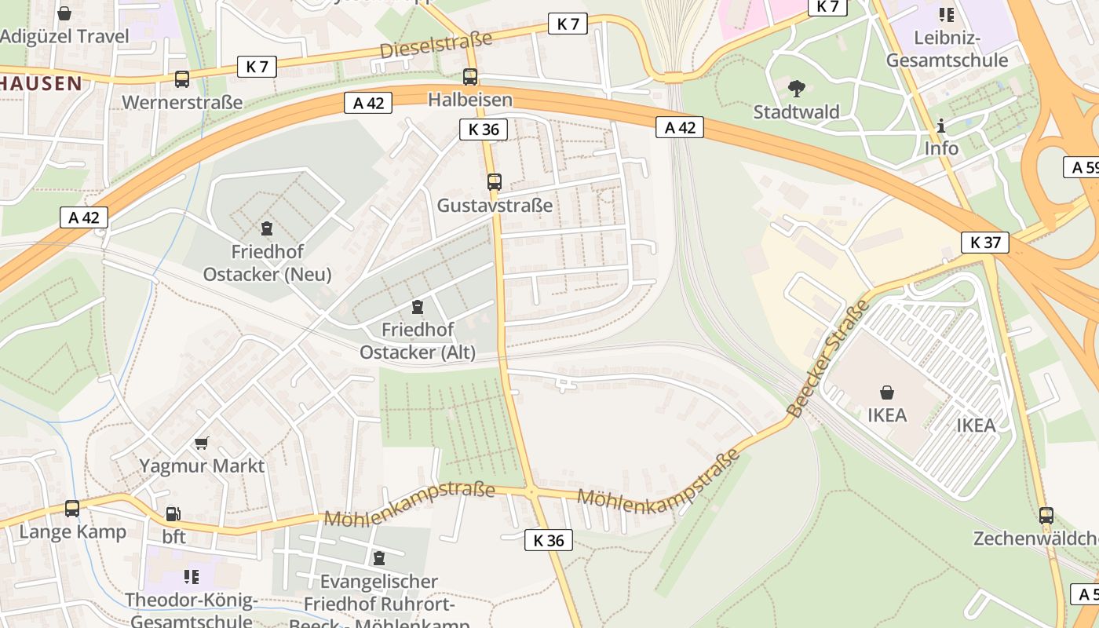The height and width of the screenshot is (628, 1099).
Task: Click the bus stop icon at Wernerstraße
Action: click(182, 79)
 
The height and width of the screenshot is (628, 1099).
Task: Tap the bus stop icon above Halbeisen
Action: click(470, 77)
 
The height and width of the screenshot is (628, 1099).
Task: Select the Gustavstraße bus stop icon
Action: click(494, 182)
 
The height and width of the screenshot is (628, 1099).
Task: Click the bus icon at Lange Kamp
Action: click(72, 509)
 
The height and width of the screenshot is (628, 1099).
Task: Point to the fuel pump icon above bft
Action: click(173, 514)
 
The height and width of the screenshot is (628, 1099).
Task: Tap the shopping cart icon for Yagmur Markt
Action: click(202, 443)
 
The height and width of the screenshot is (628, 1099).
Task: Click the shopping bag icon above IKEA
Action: click(887, 392)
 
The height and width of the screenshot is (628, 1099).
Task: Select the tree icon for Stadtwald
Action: click(796, 88)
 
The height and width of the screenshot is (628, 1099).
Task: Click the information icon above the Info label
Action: click(940, 126)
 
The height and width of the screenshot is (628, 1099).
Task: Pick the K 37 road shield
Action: click(985, 243)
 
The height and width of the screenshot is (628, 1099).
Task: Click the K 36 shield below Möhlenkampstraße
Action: click(548, 540)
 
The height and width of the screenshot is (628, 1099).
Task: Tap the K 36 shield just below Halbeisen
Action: click(484, 130)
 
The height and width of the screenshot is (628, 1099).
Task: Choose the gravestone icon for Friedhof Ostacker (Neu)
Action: click(267, 228)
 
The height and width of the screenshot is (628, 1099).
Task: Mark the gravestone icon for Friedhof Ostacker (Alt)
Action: click(418, 306)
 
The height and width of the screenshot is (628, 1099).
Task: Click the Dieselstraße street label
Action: click(436, 45)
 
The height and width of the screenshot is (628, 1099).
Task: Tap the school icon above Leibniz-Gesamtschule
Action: click(946, 14)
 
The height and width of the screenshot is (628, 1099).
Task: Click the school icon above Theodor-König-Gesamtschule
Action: click(191, 577)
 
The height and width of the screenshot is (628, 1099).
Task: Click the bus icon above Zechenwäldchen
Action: click(1046, 516)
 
